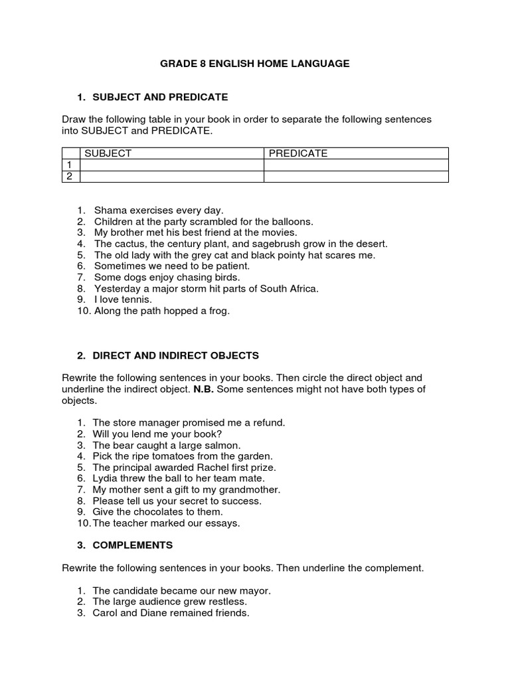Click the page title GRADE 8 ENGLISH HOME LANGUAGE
pyautogui.click(x=254, y=64)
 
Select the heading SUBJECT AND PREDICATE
pyautogui.click(x=160, y=97)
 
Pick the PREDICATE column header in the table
pyautogui.click(x=298, y=153)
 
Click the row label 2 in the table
pyautogui.click(x=67, y=176)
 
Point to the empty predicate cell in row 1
pyautogui.click(x=356, y=165)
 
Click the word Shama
pyautogui.click(x=109, y=210)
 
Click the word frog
pyautogui.click(x=218, y=311)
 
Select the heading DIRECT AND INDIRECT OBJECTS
pyautogui.click(x=176, y=355)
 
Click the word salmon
pyautogui.click(x=223, y=445)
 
